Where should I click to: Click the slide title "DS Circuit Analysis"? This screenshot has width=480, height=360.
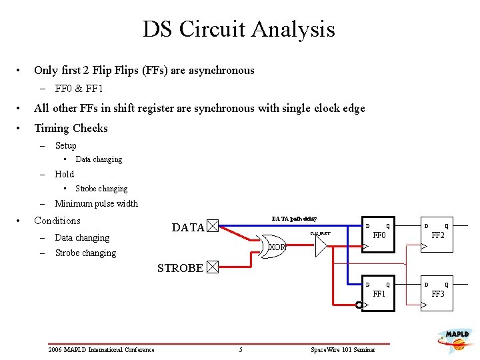coord(239,29)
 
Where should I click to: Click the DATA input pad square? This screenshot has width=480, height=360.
coord(212,227)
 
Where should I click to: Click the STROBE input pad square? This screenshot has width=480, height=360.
coord(212,268)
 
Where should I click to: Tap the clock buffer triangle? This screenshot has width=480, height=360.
coord(321,247)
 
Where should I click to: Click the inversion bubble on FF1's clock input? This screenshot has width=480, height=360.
coord(359,305)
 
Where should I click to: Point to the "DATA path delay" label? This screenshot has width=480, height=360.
coord(294,219)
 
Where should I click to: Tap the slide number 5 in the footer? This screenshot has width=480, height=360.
coord(241,350)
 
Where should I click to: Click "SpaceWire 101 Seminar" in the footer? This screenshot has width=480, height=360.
coord(343,350)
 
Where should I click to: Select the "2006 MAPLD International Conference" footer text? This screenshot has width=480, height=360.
coord(101,350)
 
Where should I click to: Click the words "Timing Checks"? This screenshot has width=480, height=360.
coord(71,128)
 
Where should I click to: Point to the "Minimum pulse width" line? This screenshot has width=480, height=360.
coord(96,203)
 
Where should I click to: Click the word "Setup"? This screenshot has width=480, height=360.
coord(65,145)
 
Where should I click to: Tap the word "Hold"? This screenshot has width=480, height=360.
coord(64,174)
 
